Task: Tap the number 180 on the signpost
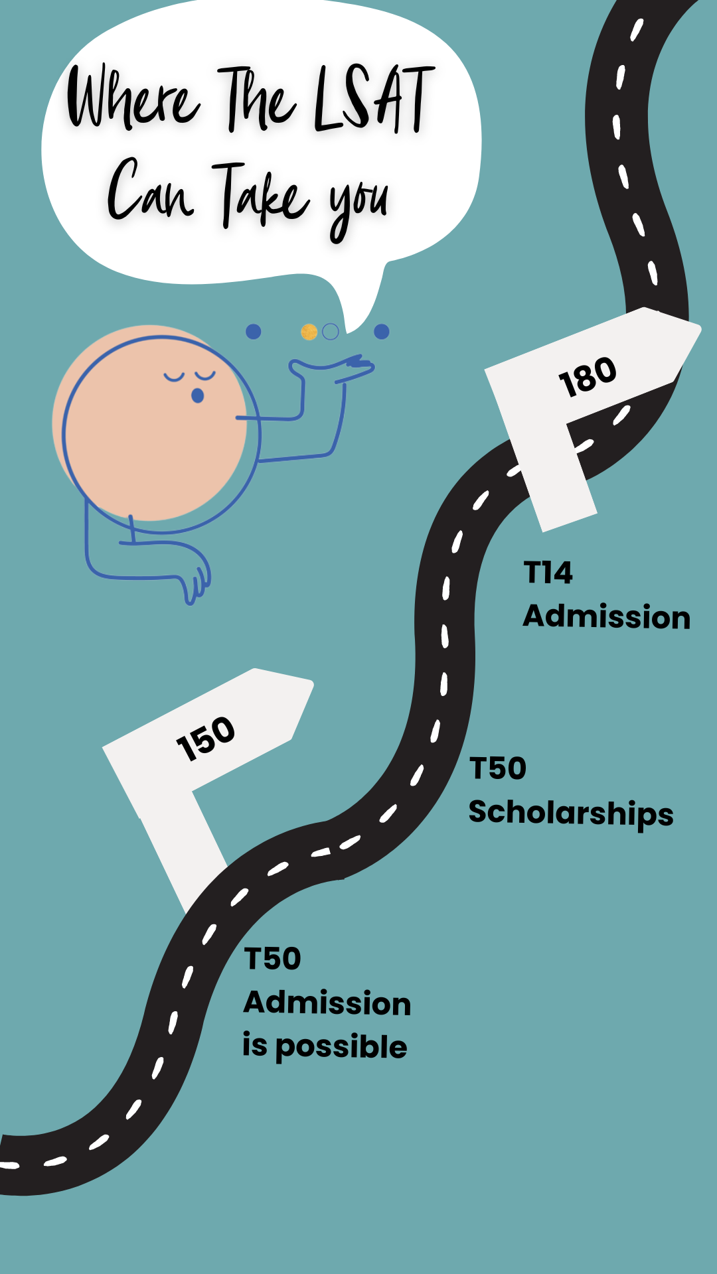point(588,377)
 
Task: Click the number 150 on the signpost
point(206,738)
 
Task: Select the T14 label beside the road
point(548,573)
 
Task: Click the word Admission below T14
point(607,616)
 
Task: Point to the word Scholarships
point(571,814)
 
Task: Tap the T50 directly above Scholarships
point(498,768)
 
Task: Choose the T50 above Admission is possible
point(273,959)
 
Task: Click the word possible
point(341,1048)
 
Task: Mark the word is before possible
point(255,1045)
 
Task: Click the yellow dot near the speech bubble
point(309,332)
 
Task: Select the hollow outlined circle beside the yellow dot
point(331,332)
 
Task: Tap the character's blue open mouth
point(197,396)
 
